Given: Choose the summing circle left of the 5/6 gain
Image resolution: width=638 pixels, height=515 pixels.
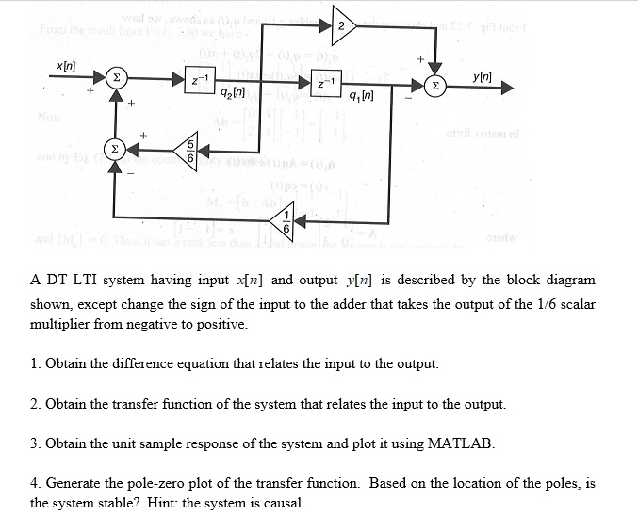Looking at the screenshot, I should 115,149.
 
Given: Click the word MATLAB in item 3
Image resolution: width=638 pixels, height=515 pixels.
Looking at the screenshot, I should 461,443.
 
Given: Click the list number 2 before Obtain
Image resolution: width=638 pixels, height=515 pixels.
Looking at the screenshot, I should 34,404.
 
